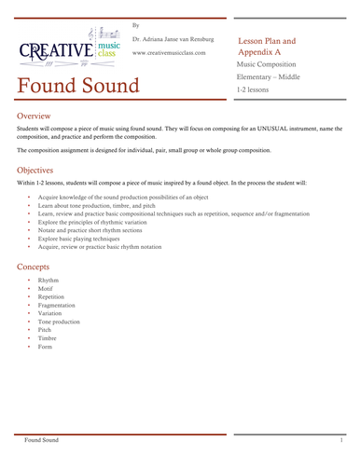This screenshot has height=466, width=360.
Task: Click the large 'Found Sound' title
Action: point(78,86)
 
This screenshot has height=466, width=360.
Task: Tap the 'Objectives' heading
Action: point(42,171)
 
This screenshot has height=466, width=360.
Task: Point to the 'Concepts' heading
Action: point(39,267)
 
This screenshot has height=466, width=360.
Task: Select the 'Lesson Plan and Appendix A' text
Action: point(268,48)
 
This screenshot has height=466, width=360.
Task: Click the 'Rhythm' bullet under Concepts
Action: point(48,281)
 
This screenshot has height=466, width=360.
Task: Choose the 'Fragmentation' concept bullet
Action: point(57,305)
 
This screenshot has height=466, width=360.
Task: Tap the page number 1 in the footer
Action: point(342,438)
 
